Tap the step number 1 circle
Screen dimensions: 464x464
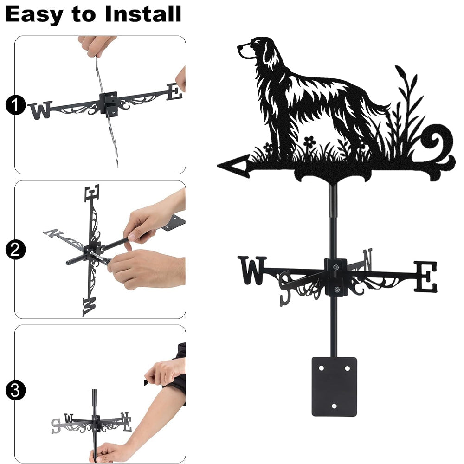tap(15, 105)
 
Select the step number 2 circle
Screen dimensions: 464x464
tap(15, 250)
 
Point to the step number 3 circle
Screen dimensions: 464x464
tap(15, 390)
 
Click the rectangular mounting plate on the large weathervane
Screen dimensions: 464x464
tap(334, 387)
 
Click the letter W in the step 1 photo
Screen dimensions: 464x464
tap(40, 110)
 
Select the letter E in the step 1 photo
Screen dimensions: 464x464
tap(174, 92)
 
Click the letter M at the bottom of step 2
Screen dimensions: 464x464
tap(89, 307)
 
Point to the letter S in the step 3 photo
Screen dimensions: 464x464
tap(56, 426)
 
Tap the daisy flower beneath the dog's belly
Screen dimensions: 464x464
tap(309, 142)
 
